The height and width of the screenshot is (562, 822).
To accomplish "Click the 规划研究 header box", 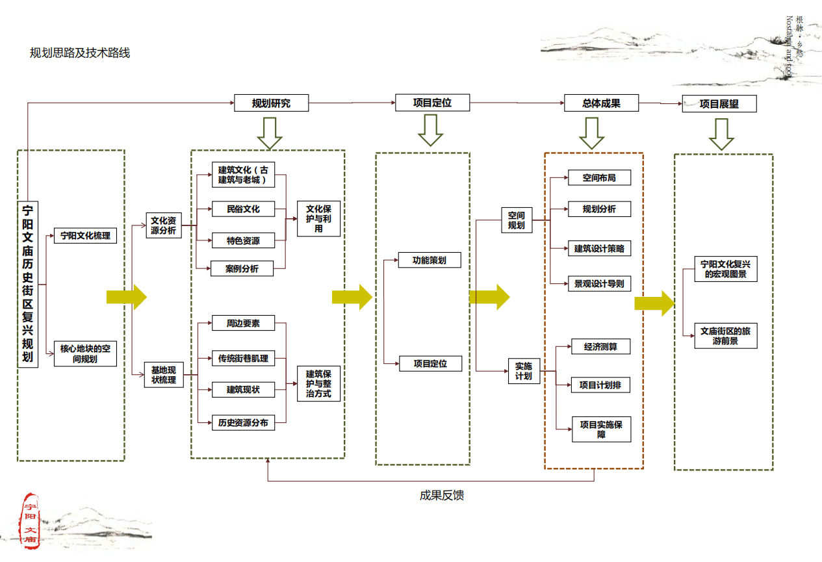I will point(271,103).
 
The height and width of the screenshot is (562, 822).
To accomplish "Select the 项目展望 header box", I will point(719,104).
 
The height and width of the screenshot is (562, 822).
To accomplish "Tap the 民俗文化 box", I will point(243,209).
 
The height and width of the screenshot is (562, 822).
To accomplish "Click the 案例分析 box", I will point(242,268).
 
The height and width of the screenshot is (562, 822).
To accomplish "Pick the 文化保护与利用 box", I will point(318,219).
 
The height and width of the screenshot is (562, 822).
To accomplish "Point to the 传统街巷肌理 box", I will point(243,358).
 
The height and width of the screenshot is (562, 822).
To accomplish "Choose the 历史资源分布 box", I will point(243,422).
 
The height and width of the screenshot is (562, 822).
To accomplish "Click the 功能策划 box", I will point(430,260).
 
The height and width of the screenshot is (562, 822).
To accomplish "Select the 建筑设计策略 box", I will point(599,248).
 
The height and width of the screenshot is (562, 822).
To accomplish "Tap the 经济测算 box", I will point(600,347).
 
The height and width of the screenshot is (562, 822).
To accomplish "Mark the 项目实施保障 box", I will point(601,429).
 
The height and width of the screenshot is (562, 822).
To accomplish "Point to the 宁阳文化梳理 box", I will point(85,235).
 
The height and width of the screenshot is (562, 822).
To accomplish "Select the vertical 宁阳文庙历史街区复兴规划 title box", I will point(28,285).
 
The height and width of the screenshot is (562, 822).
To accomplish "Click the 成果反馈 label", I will point(442,496).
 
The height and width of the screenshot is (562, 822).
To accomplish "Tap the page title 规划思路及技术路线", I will point(80,53).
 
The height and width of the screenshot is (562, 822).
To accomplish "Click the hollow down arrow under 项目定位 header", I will point(430,130).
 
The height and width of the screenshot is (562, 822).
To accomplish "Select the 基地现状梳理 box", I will point(164,375).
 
